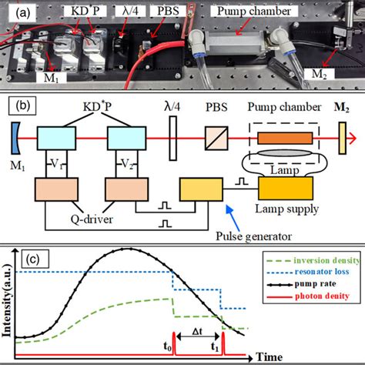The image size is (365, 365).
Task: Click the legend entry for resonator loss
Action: (315, 273)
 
